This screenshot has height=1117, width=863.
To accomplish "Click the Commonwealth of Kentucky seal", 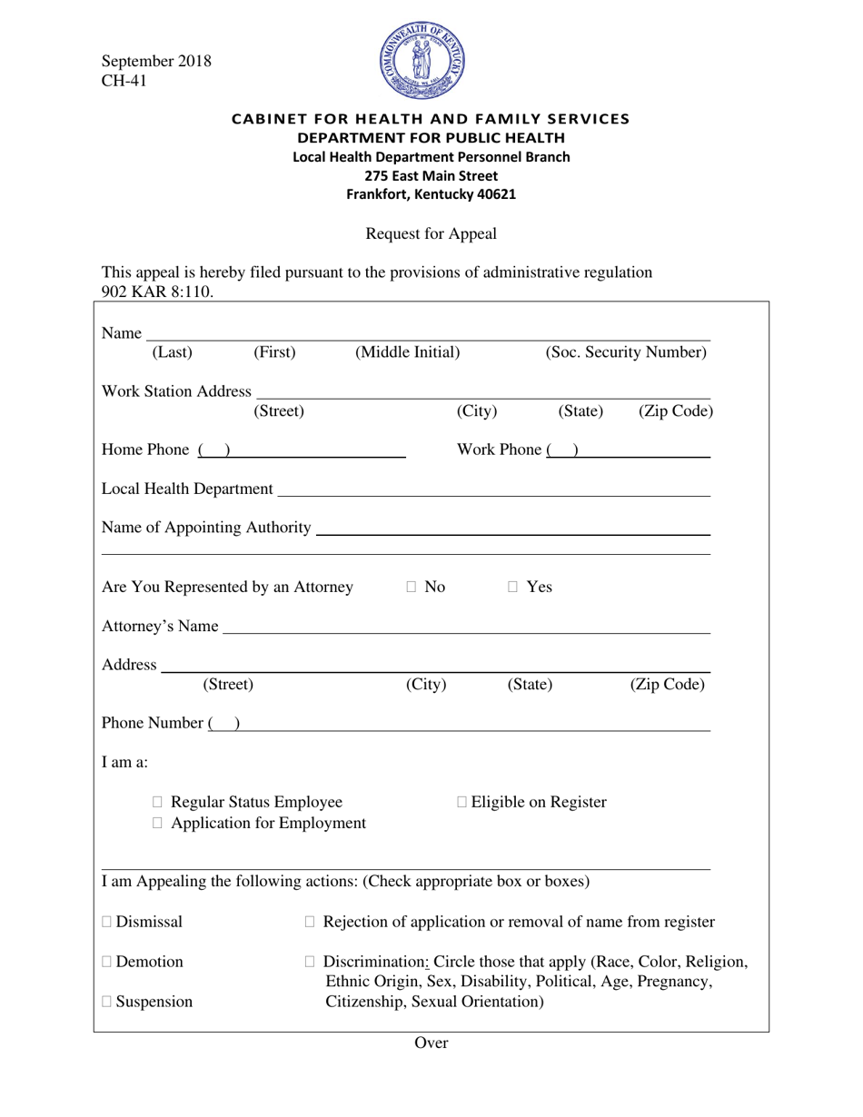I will (422, 61).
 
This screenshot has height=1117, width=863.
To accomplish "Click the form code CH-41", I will (124, 81).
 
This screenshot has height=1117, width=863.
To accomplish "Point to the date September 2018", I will (156, 61).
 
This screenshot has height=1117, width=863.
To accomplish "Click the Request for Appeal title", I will (431, 234).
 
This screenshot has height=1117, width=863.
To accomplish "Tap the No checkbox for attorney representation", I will (412, 588).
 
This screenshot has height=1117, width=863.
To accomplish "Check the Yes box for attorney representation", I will (512, 588).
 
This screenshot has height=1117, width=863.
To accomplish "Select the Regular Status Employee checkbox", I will (158, 803).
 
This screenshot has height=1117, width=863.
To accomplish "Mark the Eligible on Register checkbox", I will (462, 803).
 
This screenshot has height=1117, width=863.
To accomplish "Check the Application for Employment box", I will (158, 824).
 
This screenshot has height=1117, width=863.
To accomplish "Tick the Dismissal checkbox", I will (107, 923).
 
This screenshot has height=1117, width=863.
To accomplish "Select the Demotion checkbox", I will (107, 962).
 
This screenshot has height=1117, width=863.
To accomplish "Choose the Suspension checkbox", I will (107, 1003).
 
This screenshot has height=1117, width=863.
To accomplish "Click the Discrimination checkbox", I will (310, 962).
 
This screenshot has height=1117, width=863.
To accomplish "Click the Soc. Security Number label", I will (625, 352).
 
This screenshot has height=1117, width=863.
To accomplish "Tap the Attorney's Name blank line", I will (465, 628).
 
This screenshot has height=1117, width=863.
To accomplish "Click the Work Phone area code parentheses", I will (563, 450).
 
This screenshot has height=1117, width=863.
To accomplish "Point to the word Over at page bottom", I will (431, 1043).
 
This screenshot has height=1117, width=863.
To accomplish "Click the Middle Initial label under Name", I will (407, 352).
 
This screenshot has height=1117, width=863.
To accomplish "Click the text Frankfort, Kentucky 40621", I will (431, 194).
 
